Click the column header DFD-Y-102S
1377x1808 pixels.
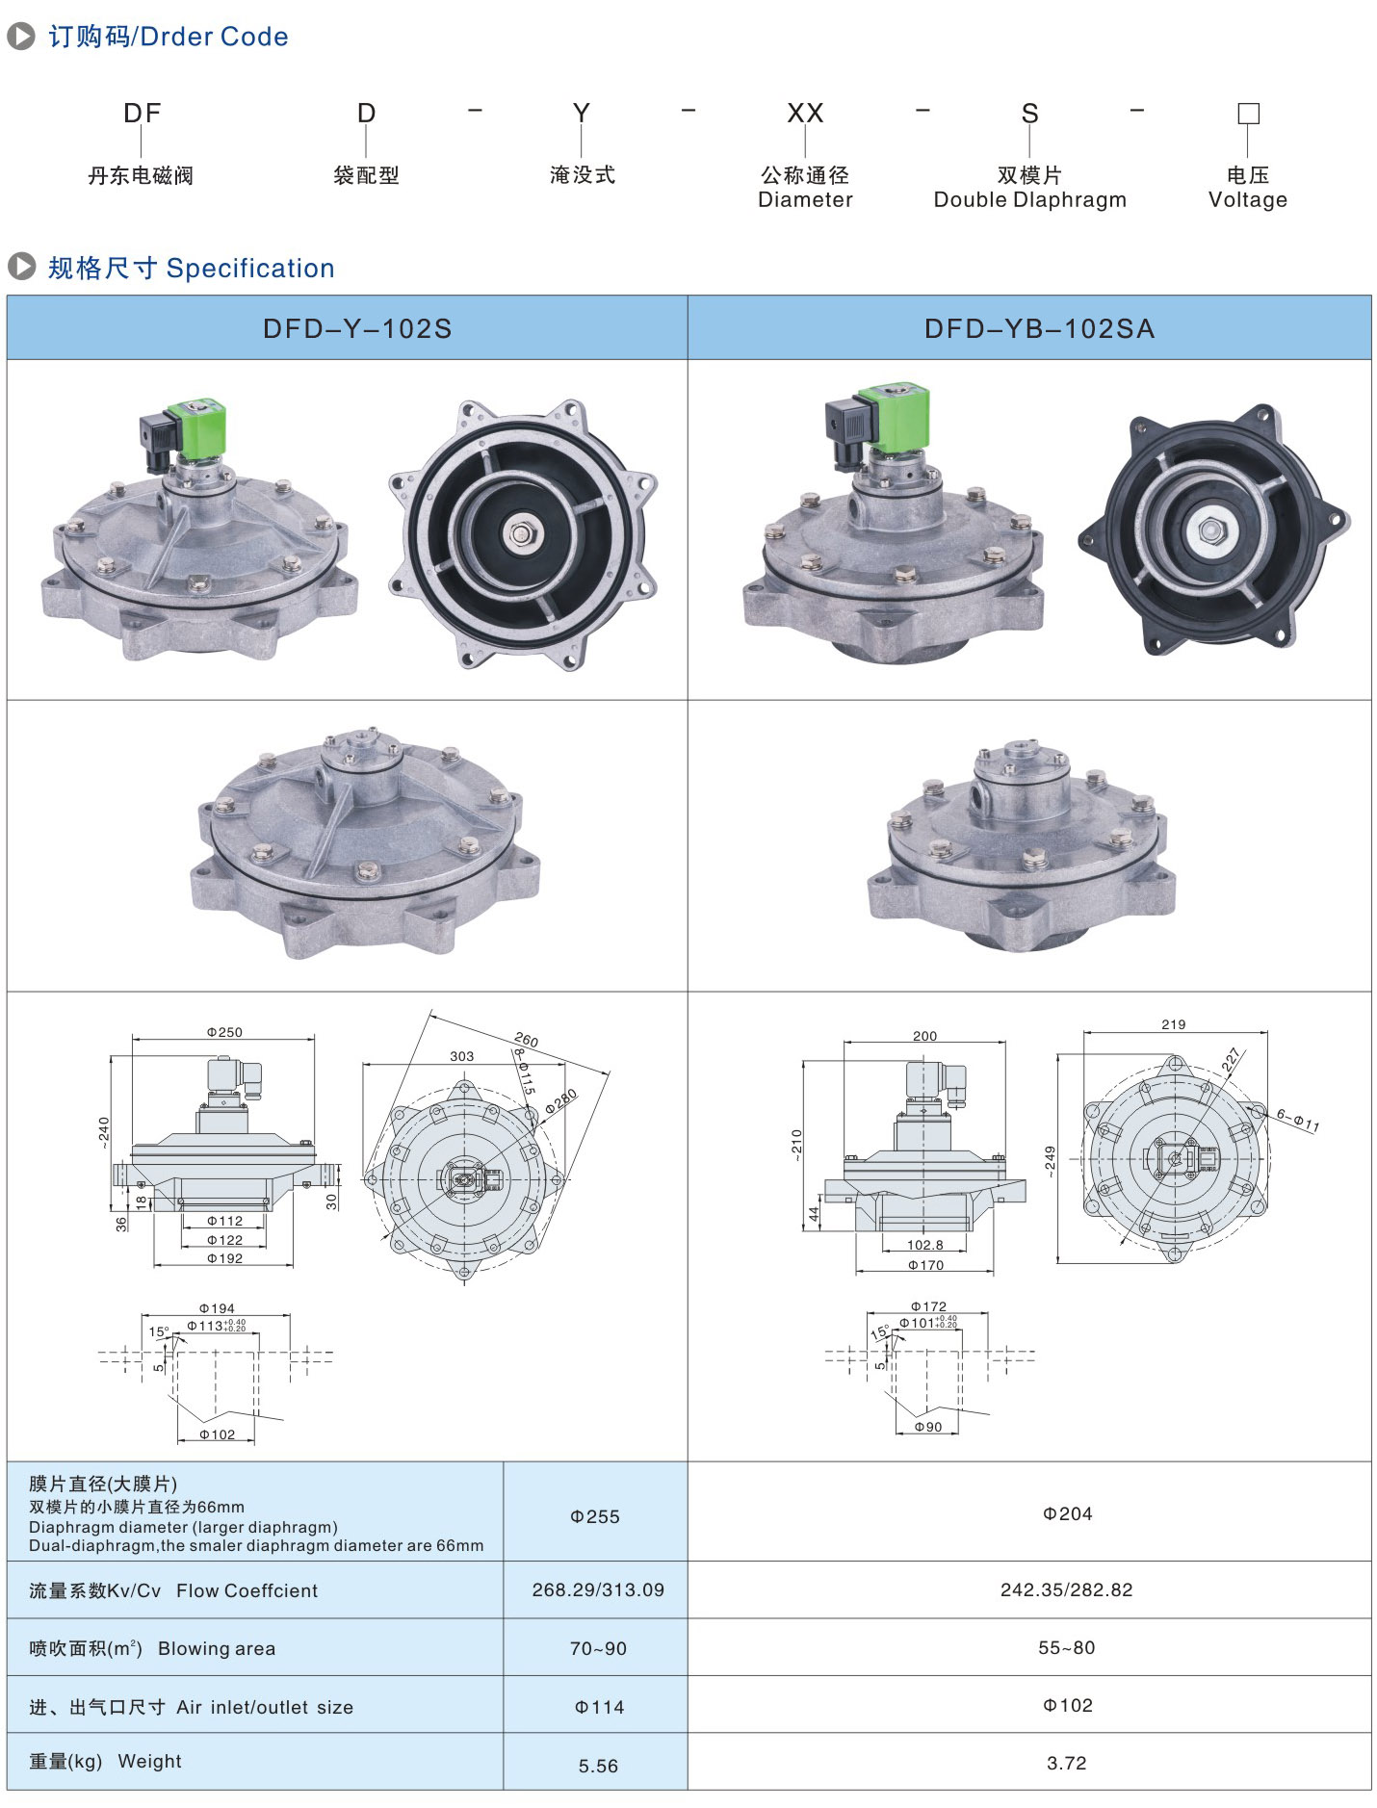pos(357,329)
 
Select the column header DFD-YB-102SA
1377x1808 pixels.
pos(1039,329)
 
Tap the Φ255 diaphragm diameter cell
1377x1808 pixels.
pos(595,1516)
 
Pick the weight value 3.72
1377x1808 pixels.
pos(1066,1763)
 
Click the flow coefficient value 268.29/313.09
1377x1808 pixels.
pos(598,1589)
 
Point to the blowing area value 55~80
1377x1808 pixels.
pos(1066,1647)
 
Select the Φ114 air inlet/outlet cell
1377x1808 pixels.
pos(599,1707)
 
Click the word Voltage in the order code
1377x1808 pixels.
pos(1247,200)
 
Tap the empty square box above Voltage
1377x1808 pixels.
pos(1248,114)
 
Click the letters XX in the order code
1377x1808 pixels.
pos(805,114)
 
